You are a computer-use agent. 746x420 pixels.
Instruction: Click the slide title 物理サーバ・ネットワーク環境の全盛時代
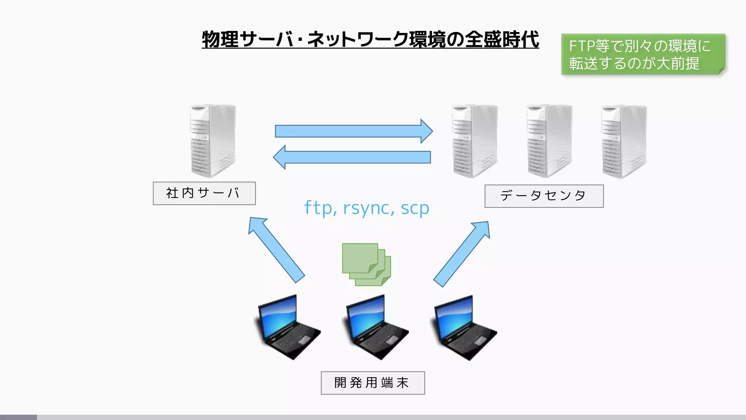tap(370, 39)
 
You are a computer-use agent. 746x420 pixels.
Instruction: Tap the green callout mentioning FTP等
tap(643, 55)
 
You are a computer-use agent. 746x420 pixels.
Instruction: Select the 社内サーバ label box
tap(204, 193)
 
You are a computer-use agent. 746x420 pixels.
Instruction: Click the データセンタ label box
tap(543, 196)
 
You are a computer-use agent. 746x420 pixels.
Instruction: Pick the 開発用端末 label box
tap(372, 383)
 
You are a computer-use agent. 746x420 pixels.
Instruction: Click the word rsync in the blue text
tap(368, 208)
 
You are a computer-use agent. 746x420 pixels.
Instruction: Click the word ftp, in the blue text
tap(320, 208)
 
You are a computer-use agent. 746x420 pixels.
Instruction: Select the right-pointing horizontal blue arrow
tap(353, 131)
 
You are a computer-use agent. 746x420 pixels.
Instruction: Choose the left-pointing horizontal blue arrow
tap(352, 157)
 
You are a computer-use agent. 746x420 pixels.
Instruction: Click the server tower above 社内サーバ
tap(213, 141)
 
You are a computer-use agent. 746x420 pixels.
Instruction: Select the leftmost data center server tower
tap(475, 141)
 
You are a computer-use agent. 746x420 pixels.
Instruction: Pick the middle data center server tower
tap(549, 141)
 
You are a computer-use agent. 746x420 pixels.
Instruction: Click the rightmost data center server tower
tap(624, 142)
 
